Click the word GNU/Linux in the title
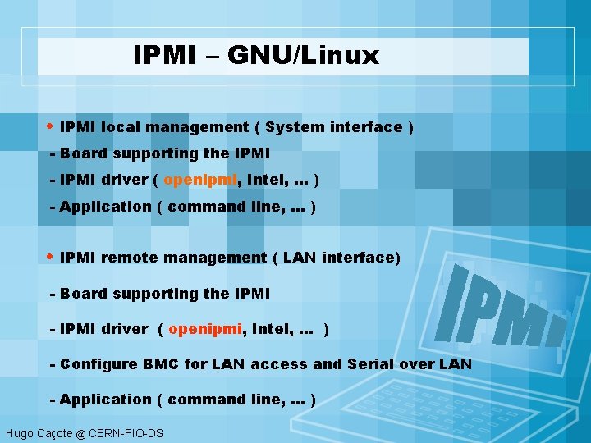(304, 56)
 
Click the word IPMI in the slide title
(164, 56)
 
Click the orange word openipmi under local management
(201, 180)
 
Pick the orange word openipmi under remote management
(206, 329)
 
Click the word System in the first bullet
(294, 127)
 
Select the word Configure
(95, 364)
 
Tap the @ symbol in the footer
(80, 433)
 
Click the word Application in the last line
(106, 400)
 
